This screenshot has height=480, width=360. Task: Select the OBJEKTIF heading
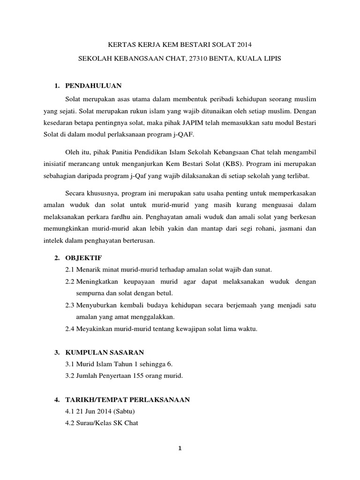coord(83,258)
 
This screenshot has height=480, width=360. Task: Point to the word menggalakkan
coord(151,317)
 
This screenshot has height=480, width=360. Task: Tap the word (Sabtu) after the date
coord(122,412)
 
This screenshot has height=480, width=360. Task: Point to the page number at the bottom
coord(180,448)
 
